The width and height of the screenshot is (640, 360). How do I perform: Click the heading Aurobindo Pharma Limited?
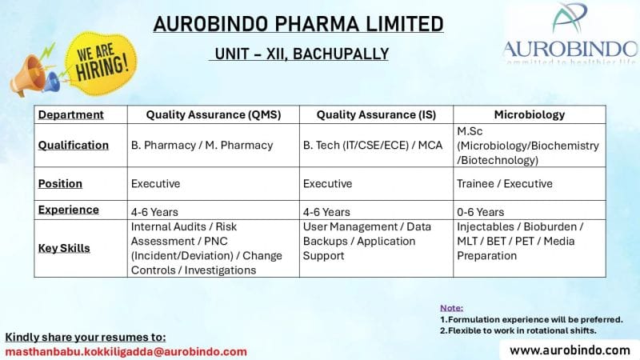[298, 24]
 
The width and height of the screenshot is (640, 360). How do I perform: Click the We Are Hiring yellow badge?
[101, 63]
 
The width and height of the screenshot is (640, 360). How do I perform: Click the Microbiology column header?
[530, 114]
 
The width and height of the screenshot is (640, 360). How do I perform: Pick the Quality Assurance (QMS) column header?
[214, 114]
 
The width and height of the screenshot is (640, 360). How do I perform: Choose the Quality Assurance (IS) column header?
[376, 114]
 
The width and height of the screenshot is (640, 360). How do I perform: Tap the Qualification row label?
[74, 146]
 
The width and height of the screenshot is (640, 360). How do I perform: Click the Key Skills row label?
[64, 248]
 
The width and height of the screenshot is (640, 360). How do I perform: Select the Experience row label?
[69, 210]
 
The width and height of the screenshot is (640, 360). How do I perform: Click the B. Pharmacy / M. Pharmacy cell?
[202, 146]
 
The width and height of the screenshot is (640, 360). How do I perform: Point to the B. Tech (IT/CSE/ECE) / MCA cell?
[373, 146]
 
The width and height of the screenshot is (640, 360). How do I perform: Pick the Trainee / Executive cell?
[505, 184]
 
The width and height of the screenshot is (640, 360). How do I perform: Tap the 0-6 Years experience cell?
[481, 212]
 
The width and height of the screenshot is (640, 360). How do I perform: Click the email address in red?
[126, 352]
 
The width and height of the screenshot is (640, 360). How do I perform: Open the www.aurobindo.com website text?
[570, 350]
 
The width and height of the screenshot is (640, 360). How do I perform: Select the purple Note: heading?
[451, 308]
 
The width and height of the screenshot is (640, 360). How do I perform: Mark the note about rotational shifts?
[518, 330]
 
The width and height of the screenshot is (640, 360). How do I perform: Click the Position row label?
[60, 184]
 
